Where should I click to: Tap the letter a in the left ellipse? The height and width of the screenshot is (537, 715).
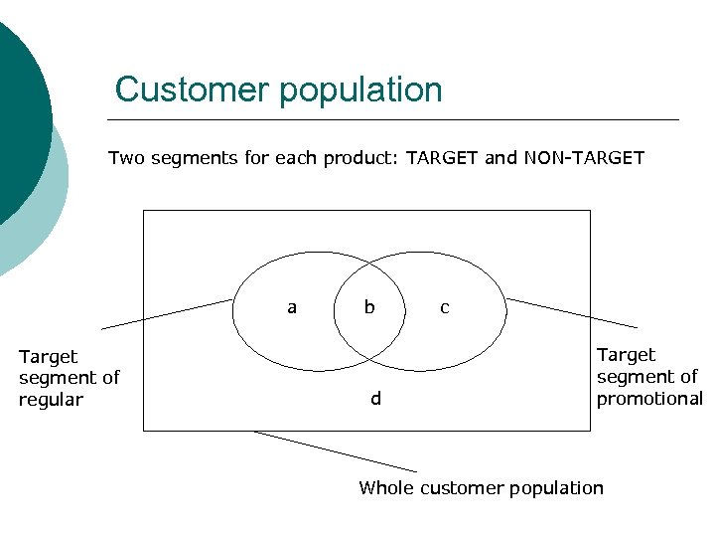(x=291, y=307)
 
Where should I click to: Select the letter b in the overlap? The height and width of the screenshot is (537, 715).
(x=369, y=307)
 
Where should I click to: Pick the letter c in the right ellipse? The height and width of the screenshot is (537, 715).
(x=444, y=307)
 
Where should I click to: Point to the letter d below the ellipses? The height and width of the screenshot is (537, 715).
(x=375, y=399)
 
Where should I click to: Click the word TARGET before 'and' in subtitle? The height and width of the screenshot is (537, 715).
(x=442, y=157)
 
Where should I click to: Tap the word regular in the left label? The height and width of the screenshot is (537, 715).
(x=51, y=400)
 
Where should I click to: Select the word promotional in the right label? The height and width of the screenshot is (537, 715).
(x=649, y=399)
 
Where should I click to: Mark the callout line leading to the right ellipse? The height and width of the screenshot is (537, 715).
(x=572, y=312)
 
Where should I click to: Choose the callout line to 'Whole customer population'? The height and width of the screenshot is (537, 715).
(x=336, y=450)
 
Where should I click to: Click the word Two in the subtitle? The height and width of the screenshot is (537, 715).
(x=125, y=157)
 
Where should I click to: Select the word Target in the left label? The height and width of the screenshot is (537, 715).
(x=48, y=356)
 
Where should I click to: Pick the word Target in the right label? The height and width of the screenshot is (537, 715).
(x=626, y=355)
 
